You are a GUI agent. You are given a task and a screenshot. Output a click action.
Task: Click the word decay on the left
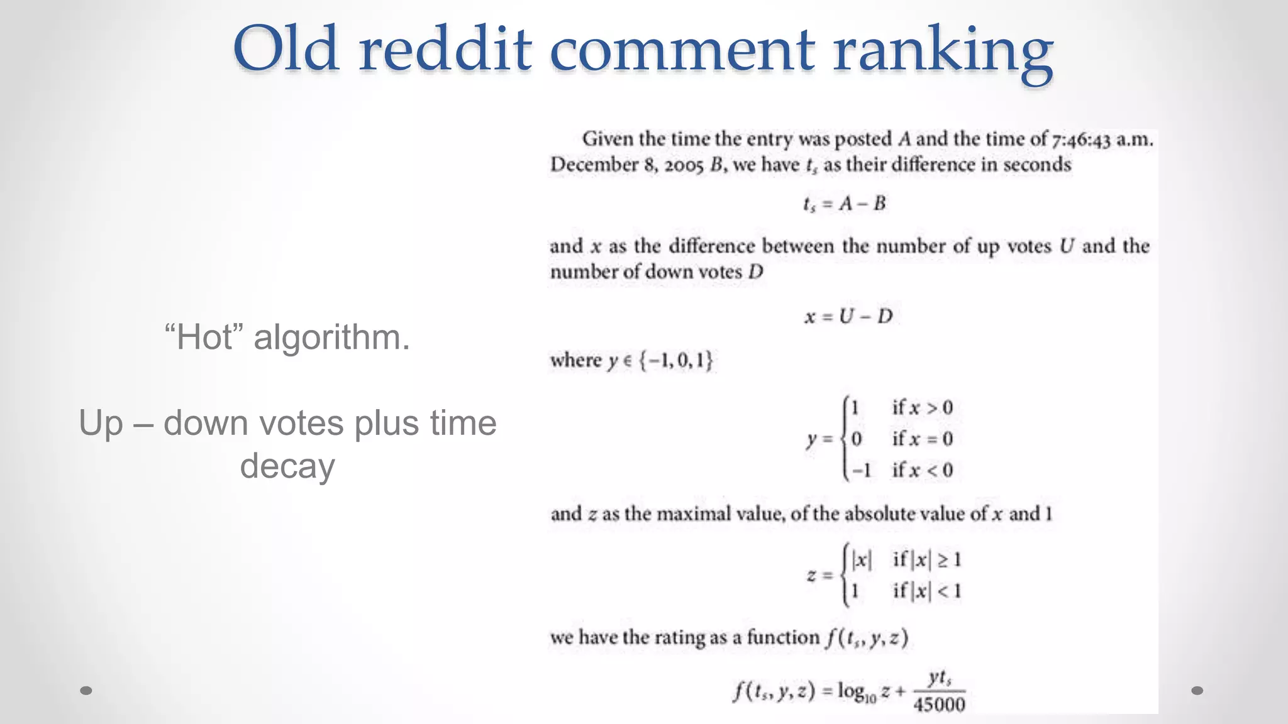click(287, 466)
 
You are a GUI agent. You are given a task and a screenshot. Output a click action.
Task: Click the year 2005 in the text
click(684, 165)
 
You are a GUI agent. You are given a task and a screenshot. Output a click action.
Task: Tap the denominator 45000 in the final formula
click(939, 705)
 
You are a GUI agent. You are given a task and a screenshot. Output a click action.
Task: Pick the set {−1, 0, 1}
click(676, 360)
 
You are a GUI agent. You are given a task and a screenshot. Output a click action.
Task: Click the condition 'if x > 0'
click(923, 407)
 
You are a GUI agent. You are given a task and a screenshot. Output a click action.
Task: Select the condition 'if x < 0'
click(923, 470)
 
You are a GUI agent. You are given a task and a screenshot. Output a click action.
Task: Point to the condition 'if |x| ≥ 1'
click(927, 559)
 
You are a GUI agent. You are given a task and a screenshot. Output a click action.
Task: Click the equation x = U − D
click(848, 316)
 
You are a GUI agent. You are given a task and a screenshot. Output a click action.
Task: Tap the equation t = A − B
click(844, 204)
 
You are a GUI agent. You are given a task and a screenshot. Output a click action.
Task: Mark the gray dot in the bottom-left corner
click(86, 691)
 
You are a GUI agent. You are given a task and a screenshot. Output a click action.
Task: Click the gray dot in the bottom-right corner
click(1197, 691)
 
